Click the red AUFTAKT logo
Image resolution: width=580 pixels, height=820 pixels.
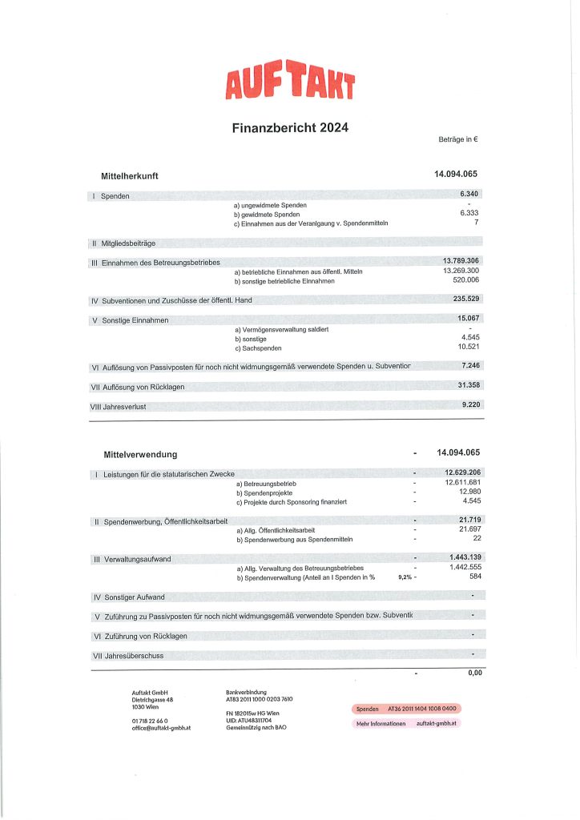(290, 83)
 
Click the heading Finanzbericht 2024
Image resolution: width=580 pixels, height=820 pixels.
(290, 127)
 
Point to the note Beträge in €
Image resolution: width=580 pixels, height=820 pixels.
(458, 140)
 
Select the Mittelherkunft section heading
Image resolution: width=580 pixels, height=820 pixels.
(129, 175)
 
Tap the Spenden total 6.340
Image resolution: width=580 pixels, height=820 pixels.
(469, 195)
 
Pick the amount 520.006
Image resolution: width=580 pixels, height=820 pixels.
(465, 282)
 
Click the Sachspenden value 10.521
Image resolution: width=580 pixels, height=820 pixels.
(468, 348)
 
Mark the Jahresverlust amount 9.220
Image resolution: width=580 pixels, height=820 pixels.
(470, 405)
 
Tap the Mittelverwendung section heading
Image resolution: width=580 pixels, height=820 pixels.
(140, 454)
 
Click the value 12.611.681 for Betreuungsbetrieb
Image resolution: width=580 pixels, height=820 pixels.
(462, 483)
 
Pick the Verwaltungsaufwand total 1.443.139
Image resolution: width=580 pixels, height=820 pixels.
(464, 557)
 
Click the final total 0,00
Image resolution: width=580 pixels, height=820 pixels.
(474, 673)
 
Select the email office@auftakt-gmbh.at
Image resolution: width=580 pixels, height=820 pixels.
(160, 727)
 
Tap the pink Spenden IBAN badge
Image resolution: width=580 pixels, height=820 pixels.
(406, 709)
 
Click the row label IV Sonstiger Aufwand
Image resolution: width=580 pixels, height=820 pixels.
(129, 597)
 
